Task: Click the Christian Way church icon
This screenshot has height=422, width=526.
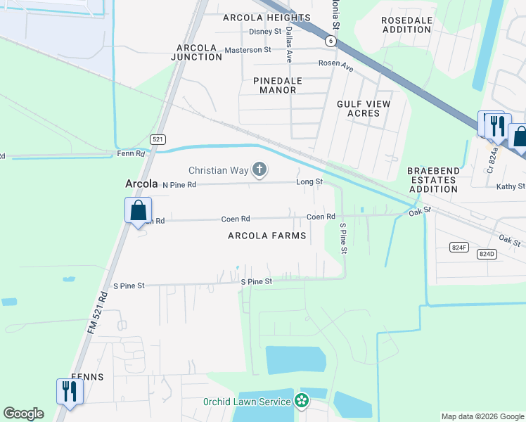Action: (x=260, y=170)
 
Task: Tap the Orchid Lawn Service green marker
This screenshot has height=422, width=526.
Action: (x=302, y=402)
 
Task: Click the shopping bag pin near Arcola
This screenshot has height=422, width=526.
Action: (x=139, y=210)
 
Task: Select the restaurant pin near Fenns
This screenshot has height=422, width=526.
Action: (x=69, y=391)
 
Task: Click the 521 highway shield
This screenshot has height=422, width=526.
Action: (x=158, y=140)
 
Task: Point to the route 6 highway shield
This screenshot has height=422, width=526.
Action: (x=330, y=41)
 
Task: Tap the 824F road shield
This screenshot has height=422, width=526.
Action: (x=459, y=247)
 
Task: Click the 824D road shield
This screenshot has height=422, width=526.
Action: (x=487, y=253)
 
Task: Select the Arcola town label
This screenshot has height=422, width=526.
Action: (x=140, y=184)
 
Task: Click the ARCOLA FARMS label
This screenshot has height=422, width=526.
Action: (x=267, y=236)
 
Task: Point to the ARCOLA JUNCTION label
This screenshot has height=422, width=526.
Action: (x=199, y=51)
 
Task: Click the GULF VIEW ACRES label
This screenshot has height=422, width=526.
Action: (x=363, y=108)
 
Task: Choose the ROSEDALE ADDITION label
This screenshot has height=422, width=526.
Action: (x=406, y=25)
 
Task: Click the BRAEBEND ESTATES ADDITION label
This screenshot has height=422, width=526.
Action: (x=432, y=179)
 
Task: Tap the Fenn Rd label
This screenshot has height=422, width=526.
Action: (x=130, y=153)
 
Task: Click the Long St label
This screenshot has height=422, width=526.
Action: (x=309, y=181)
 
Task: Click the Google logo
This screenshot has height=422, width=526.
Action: (x=23, y=414)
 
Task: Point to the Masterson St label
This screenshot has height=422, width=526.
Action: (x=248, y=50)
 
